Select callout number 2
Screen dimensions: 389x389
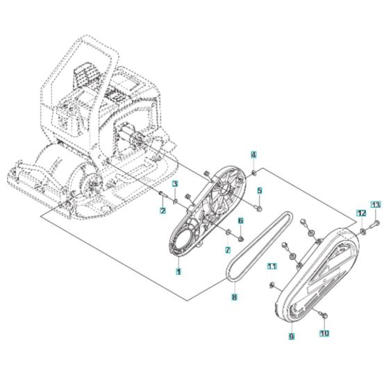163,210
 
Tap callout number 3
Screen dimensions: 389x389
176,184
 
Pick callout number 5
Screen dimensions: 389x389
259,190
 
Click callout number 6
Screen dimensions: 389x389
240,221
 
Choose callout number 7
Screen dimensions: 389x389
227,249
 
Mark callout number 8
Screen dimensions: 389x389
235,297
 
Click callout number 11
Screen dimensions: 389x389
273,265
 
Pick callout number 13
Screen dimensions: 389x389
375,204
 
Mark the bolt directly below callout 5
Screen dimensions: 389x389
258,206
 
